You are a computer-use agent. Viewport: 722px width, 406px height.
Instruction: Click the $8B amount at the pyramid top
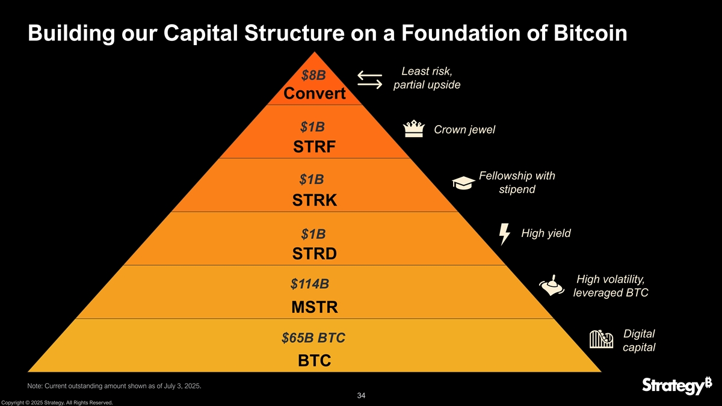[313, 75]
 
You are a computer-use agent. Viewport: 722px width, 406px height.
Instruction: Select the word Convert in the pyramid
[315, 94]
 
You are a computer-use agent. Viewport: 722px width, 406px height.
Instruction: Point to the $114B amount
[310, 283]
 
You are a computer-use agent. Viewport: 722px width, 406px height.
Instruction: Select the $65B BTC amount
[313, 338]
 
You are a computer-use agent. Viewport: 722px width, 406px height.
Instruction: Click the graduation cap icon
[463, 183]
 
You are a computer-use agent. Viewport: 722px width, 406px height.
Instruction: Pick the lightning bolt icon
[505, 234]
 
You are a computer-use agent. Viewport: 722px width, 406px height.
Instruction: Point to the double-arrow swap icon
[369, 81]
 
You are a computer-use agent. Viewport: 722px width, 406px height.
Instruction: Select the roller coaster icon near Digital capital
[600, 339]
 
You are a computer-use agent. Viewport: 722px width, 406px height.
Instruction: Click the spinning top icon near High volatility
[551, 285]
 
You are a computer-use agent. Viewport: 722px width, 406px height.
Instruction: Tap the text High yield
[546, 233]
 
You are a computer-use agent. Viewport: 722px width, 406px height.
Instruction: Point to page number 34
[361, 395]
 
